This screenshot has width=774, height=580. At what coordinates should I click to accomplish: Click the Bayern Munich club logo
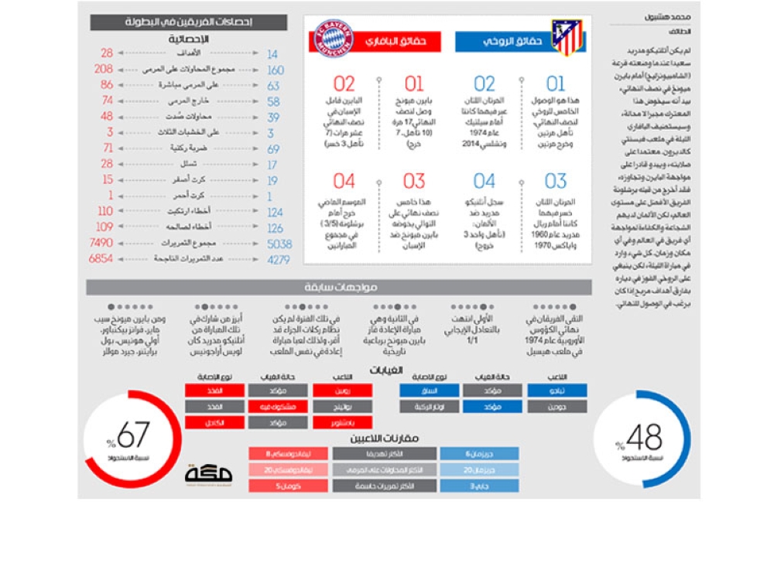334,39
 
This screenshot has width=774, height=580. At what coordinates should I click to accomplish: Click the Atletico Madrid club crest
567,39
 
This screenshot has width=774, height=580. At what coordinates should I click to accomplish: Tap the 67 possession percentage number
132,435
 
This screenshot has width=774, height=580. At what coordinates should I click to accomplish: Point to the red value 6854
101,259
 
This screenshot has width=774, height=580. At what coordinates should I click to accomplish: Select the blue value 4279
279,260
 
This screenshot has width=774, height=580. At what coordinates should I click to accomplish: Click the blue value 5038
279,244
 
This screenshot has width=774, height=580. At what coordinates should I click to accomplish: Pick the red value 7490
101,243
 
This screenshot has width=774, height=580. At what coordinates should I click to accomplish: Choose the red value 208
104,69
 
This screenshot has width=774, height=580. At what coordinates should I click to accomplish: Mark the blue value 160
276,70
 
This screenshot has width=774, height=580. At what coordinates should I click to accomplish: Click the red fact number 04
344,182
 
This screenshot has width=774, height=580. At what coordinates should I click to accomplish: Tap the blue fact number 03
556,182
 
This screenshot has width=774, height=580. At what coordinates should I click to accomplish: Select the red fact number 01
414,84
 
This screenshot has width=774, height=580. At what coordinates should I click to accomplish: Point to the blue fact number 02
485,84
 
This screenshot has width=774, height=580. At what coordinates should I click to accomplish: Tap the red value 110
105,211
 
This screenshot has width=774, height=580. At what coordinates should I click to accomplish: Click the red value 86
106,84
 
